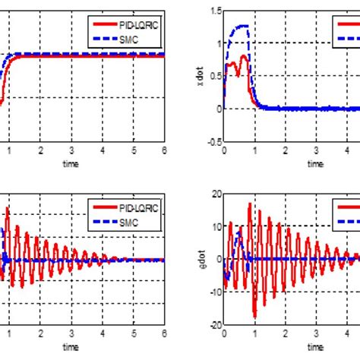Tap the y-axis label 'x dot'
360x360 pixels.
pos(201,77)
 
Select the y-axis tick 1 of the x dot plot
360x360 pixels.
pos(217,43)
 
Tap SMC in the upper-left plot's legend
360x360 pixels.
pos(128,35)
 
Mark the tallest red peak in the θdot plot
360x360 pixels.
pos(248,203)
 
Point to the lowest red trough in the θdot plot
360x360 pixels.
pos(254,317)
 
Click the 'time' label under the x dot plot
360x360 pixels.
pos(314,163)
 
